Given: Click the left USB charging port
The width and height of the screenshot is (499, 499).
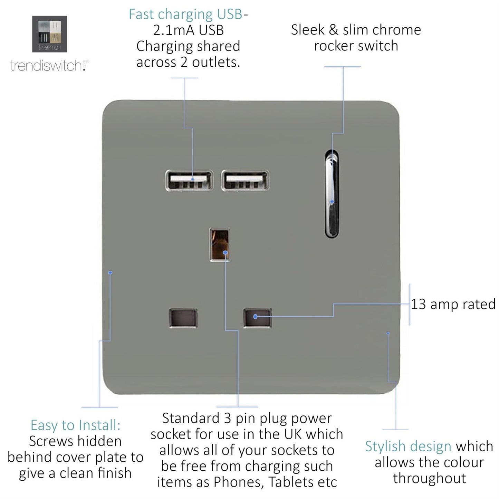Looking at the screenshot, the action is pos(189,181).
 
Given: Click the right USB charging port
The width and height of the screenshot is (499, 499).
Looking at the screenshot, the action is pos(245,181).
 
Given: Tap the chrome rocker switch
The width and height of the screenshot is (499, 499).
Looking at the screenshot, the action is pos(332,194).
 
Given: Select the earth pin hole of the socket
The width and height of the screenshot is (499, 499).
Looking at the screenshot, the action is pos(219,245).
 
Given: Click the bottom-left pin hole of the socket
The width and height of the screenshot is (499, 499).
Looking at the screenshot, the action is pos(183,318).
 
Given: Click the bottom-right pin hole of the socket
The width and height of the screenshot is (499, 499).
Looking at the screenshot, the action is pos(257,318).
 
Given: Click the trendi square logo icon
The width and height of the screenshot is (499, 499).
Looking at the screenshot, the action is pos(49,34).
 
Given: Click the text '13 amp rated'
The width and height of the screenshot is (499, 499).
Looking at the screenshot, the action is pos(453,304).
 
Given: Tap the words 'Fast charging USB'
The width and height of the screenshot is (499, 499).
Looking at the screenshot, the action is pos(186,14).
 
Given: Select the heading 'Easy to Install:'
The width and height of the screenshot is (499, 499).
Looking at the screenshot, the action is pos(76,425).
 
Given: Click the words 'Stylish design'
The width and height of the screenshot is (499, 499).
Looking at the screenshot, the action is pos(408,447).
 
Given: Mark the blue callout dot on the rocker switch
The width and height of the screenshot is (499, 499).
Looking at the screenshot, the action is pos(332,201).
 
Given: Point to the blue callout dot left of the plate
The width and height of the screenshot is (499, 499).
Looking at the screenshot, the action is pos(110,272).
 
